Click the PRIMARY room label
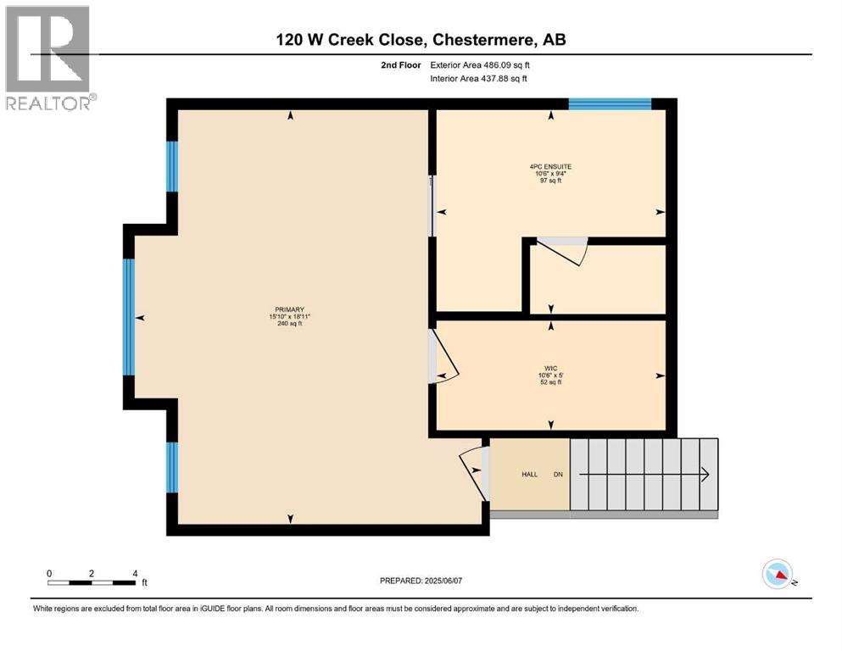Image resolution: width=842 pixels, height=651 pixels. tap(289, 309)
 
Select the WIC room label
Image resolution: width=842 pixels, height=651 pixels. tap(551, 367)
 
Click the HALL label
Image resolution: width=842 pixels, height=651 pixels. tap(530, 475)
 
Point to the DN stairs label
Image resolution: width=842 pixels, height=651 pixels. tap(558, 475)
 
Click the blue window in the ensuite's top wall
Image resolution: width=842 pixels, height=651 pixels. tap(609, 104)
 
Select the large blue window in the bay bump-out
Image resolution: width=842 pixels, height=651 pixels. tap(129, 316)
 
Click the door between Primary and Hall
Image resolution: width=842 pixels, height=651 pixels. tap(472, 471)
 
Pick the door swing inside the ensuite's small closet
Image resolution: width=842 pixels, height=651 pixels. tap(562, 251)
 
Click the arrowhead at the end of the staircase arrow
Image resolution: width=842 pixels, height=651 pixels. tap(705, 475)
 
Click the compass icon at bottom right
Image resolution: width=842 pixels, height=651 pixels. tap(778, 574)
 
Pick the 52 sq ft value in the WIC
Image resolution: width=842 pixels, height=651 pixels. tap(551, 382)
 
